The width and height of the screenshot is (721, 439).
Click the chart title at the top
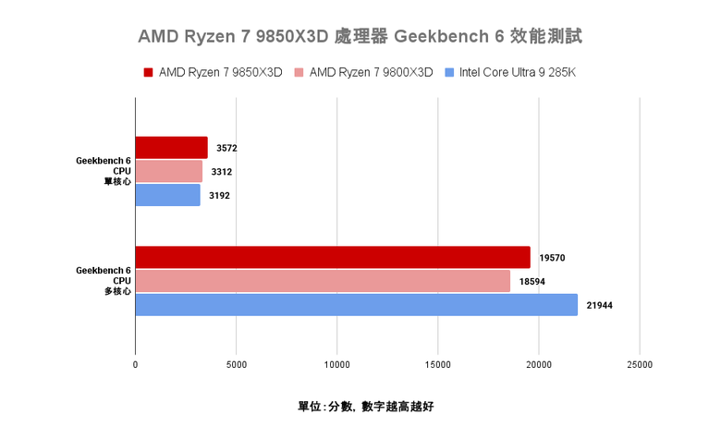[360, 37]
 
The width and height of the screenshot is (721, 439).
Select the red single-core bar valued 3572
[171, 148]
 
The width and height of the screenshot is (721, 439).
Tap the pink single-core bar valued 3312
[168, 171]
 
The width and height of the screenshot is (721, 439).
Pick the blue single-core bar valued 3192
[167, 195]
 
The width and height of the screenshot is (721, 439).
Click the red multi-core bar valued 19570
[333, 257]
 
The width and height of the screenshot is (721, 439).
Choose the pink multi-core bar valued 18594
[323, 281]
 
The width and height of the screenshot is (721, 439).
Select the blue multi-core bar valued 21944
[356, 305]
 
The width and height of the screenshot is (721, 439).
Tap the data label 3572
[227, 148]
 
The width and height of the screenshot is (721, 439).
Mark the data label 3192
[220, 195]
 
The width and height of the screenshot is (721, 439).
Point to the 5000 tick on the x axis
[236, 364]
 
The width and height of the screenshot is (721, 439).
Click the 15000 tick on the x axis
[438, 364]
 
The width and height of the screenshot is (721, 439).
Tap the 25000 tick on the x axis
[640, 364]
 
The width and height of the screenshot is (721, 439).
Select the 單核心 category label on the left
[116, 180]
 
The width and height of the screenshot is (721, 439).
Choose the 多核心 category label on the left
[116, 291]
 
